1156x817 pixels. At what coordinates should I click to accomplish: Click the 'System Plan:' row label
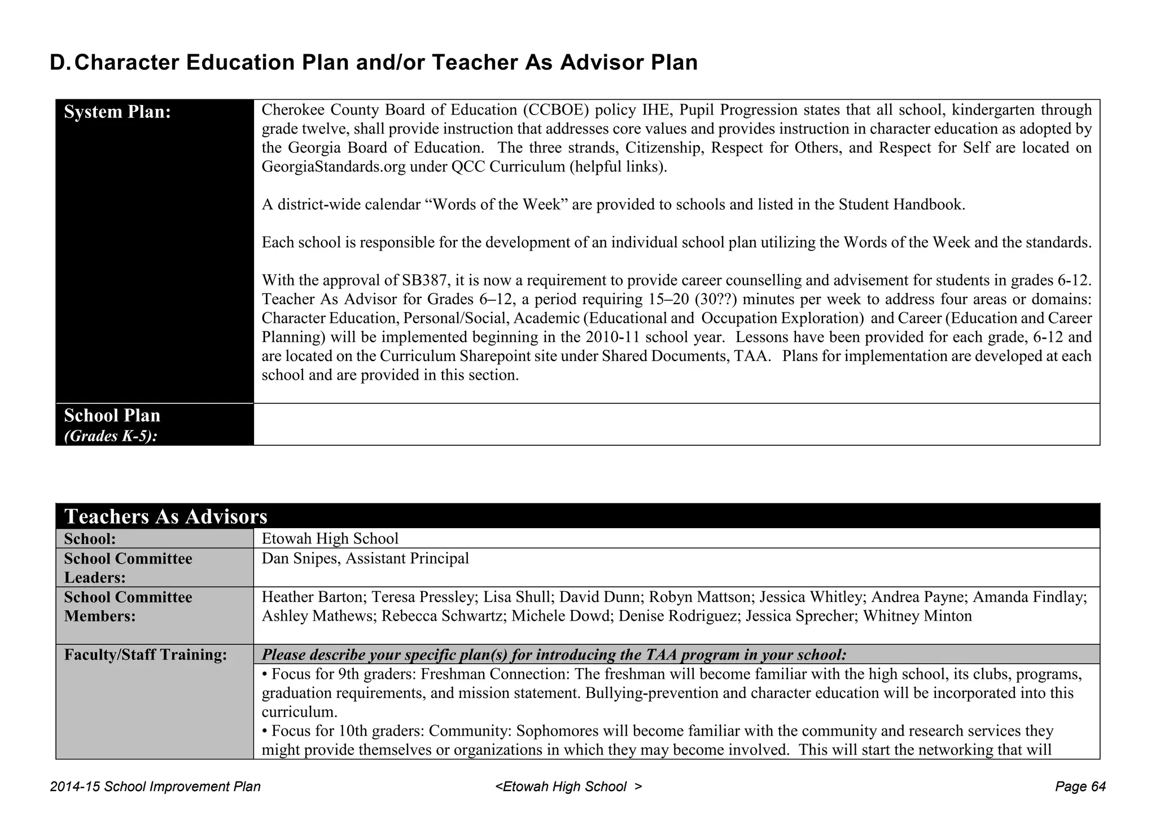pos(117,112)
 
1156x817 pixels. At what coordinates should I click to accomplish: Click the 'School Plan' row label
pos(112,416)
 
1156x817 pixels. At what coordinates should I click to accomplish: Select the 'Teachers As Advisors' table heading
pos(165,516)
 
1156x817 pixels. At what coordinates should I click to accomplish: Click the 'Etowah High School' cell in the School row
pos(330,538)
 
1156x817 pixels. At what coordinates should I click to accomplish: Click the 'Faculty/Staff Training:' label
pos(146,655)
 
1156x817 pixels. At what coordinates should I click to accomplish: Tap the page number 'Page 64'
pos(1080,787)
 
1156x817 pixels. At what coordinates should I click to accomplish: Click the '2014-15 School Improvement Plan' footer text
pos(155,787)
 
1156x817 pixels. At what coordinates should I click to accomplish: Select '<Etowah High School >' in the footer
pos(568,787)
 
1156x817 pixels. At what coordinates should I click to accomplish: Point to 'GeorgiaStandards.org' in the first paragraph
pos(334,167)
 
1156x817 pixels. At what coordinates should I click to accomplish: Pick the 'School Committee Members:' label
pos(128,607)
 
